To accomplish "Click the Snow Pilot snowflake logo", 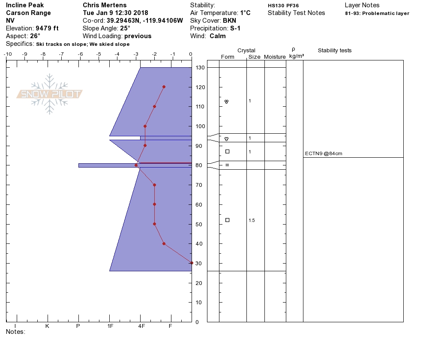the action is click(x=49, y=94).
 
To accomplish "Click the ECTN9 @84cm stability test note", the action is click(x=324, y=153).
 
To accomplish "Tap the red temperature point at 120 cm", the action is click(x=164, y=87).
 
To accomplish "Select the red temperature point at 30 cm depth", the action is click(x=192, y=263).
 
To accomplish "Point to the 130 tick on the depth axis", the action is click(x=200, y=68).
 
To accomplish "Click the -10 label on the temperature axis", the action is click(x=8, y=54).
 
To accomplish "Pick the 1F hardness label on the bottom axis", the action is click(x=110, y=326).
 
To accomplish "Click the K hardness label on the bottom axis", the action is click(x=47, y=326).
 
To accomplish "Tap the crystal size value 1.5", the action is click(x=252, y=220).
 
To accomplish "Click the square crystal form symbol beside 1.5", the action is click(x=228, y=220).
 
